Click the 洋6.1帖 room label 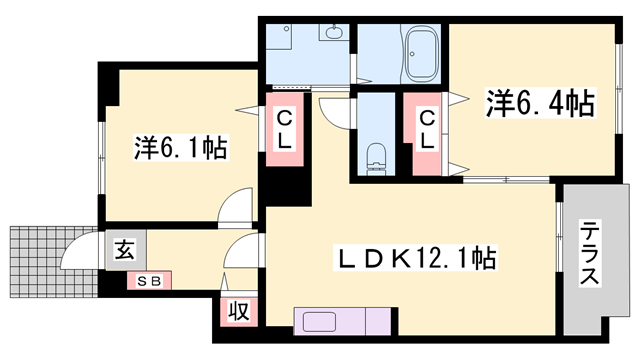click(x=181, y=149)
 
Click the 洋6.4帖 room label click(x=541, y=102)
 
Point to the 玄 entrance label click(x=125, y=248)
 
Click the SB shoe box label click(x=149, y=280)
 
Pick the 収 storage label click(x=241, y=311)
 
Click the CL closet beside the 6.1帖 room click(x=284, y=130)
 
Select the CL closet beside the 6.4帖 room click(x=427, y=130)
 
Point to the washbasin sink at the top click(x=333, y=33)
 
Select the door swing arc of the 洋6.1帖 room click(x=236, y=205)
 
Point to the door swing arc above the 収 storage click(x=239, y=252)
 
